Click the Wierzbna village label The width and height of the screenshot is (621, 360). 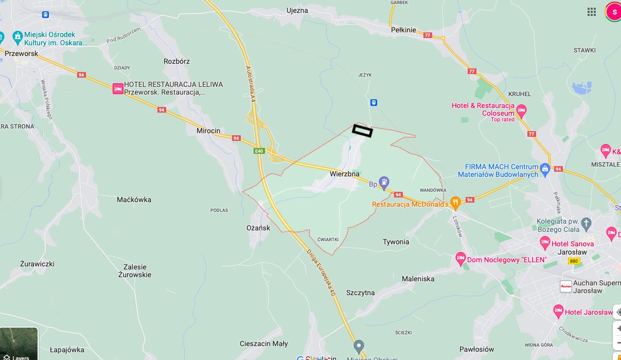[x=345, y=174]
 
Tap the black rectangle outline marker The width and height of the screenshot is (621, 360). [x=362, y=131]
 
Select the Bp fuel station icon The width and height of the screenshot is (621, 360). [x=384, y=183]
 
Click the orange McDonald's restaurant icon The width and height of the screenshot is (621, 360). [x=455, y=202]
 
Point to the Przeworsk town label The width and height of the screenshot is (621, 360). [x=22, y=53]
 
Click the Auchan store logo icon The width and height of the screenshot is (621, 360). [x=566, y=286]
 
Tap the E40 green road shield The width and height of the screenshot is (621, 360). [x=259, y=151]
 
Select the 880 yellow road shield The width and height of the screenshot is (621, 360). [x=574, y=261]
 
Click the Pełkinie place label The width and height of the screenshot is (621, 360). [x=403, y=30]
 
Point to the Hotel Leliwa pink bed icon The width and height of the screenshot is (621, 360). [x=118, y=88]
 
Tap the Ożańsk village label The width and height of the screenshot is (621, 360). [x=258, y=228]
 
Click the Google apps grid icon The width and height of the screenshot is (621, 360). [x=592, y=12]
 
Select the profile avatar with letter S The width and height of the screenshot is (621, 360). [x=614, y=12]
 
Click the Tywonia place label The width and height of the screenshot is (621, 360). [x=396, y=242]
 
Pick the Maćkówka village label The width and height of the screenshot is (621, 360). [x=134, y=200]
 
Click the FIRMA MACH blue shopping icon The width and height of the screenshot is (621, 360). [x=545, y=168]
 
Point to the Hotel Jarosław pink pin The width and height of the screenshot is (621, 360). [x=558, y=311]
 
